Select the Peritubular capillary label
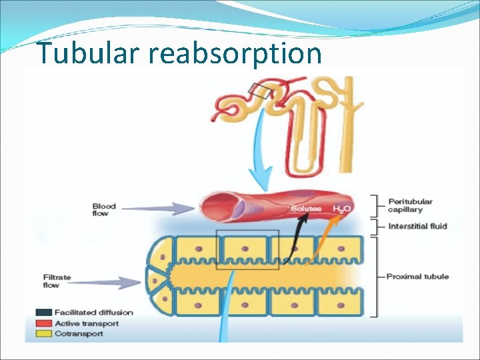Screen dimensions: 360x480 tap(410, 205)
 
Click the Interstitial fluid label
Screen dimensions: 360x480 tap(417, 227)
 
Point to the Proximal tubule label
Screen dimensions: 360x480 tap(417, 276)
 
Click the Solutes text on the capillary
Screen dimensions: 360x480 tap(305, 209)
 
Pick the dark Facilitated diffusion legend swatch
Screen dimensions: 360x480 tap(44, 312)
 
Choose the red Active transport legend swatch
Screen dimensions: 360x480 tap(44, 323)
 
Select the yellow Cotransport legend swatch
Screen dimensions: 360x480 tap(44, 334)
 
